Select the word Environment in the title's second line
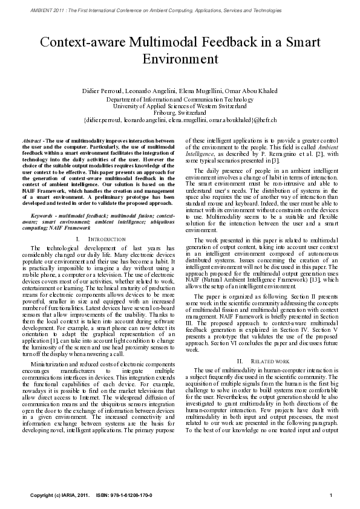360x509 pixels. (x=180, y=59)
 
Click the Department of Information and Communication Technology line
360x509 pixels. (x=180, y=99)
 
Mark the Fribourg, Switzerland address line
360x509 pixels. (x=180, y=112)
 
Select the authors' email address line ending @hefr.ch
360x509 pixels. (x=180, y=120)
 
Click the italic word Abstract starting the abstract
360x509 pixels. (x=31, y=140)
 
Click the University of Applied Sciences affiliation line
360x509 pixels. (x=180, y=106)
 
